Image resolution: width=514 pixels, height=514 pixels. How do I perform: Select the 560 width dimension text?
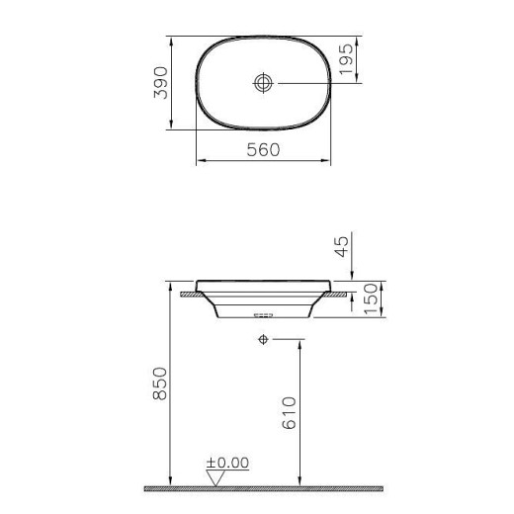pyautogui.click(x=264, y=149)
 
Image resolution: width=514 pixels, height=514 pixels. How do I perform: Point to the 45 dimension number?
pyautogui.click(x=343, y=244)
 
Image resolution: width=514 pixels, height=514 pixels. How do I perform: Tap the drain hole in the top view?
pyautogui.click(x=264, y=84)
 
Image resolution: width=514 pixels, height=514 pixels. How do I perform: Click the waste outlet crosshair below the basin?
pyautogui.click(x=263, y=339)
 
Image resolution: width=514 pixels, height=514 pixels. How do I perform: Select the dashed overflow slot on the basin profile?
pyautogui.click(x=263, y=315)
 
